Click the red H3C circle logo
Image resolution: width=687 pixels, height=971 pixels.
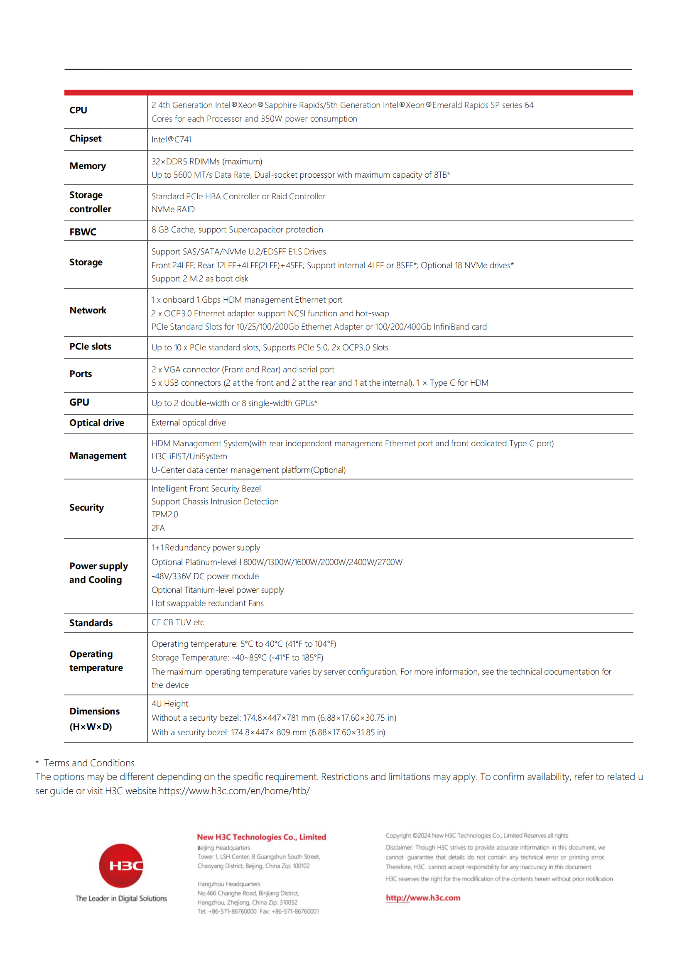pyautogui.click(x=121, y=865)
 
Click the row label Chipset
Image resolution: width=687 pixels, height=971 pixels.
pyautogui.click(x=86, y=139)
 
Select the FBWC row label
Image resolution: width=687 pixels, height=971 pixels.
pyautogui.click(x=83, y=232)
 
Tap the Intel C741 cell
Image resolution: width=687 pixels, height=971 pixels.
pyautogui.click(x=171, y=139)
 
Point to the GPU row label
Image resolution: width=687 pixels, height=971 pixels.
pyautogui.click(x=79, y=402)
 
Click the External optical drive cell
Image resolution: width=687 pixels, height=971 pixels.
pyautogui.click(x=189, y=423)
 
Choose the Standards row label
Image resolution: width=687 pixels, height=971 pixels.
pyautogui.click(x=91, y=623)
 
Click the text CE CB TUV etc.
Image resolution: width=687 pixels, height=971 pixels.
pyautogui.click(x=179, y=622)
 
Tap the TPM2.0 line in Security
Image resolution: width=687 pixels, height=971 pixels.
pyautogui.click(x=165, y=514)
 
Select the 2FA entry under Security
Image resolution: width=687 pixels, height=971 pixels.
pyautogui.click(x=158, y=528)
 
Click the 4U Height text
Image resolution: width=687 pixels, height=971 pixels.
pyautogui.click(x=170, y=703)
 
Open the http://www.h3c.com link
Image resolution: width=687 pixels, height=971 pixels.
pyautogui.click(x=422, y=898)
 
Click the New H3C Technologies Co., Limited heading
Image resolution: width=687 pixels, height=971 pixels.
pyautogui.click(x=261, y=837)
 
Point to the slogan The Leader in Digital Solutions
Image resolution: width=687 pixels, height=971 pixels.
pyautogui.click(x=121, y=898)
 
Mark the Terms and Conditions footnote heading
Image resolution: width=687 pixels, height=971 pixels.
pyautogui.click(x=89, y=763)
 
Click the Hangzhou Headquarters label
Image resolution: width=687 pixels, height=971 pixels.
pyautogui.click(x=229, y=884)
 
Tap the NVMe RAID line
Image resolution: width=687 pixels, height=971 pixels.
pyautogui.click(x=174, y=209)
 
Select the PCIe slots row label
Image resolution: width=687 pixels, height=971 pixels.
pyautogui.click(x=91, y=346)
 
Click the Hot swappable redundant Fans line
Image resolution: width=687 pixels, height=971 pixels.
pyautogui.click(x=208, y=603)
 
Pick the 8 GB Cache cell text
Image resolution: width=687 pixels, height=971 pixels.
pyautogui.click(x=237, y=230)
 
